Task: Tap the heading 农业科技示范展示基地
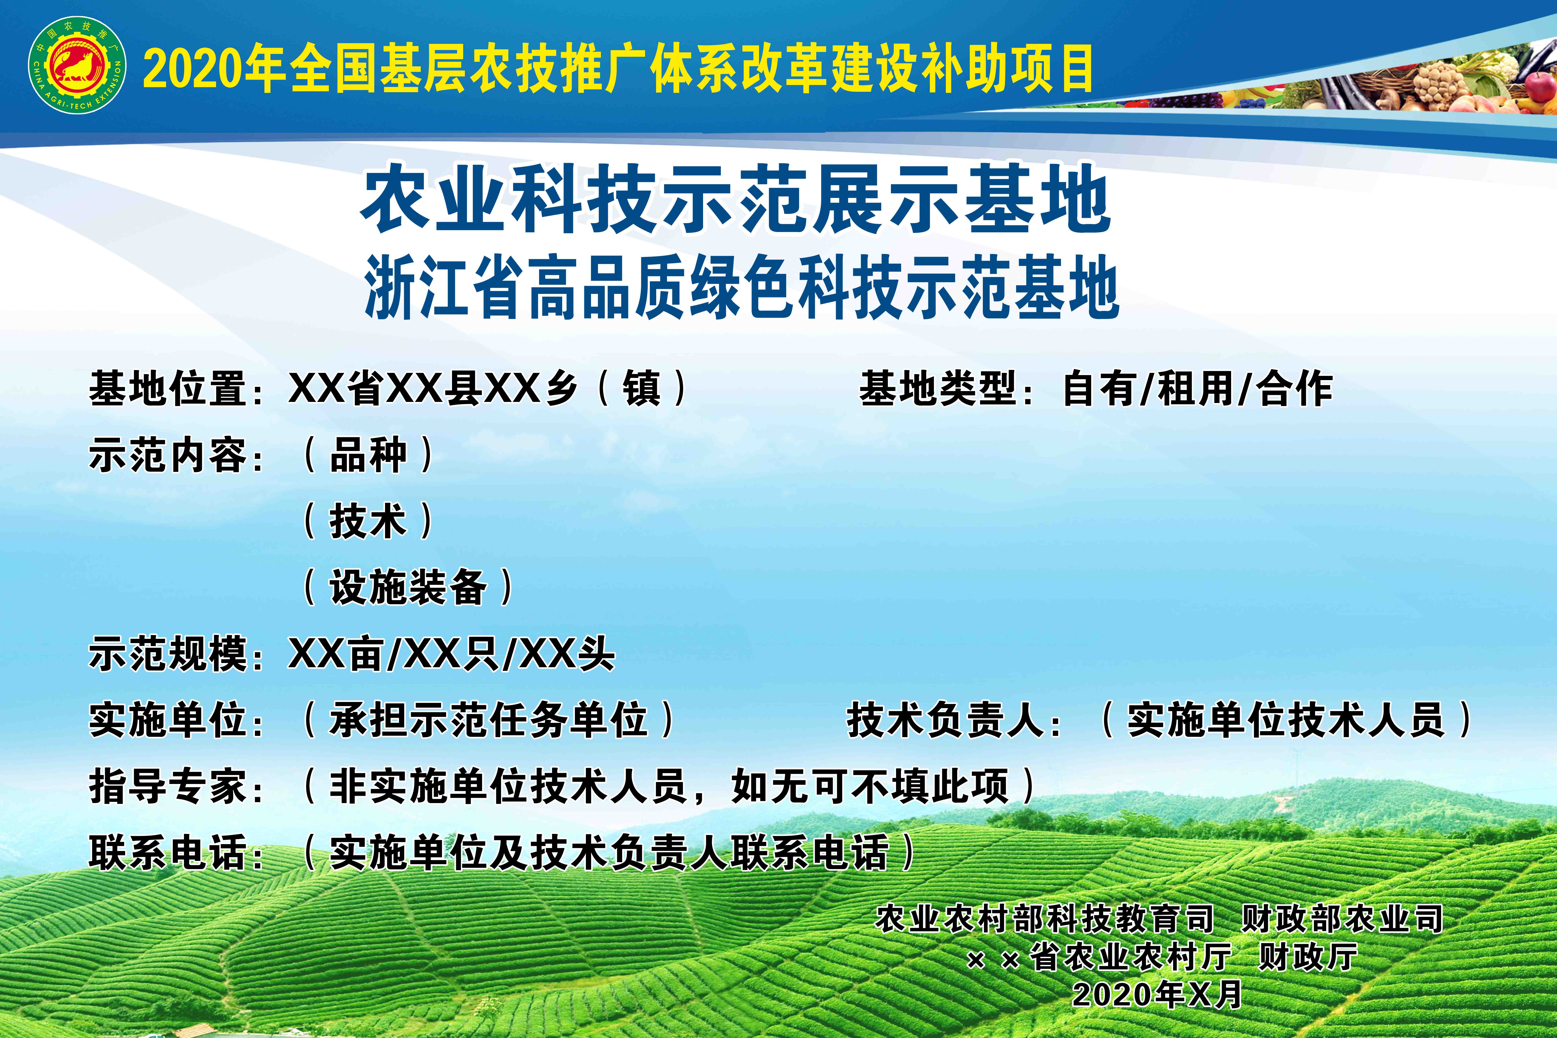[735, 199]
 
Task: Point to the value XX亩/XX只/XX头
[452, 654]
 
